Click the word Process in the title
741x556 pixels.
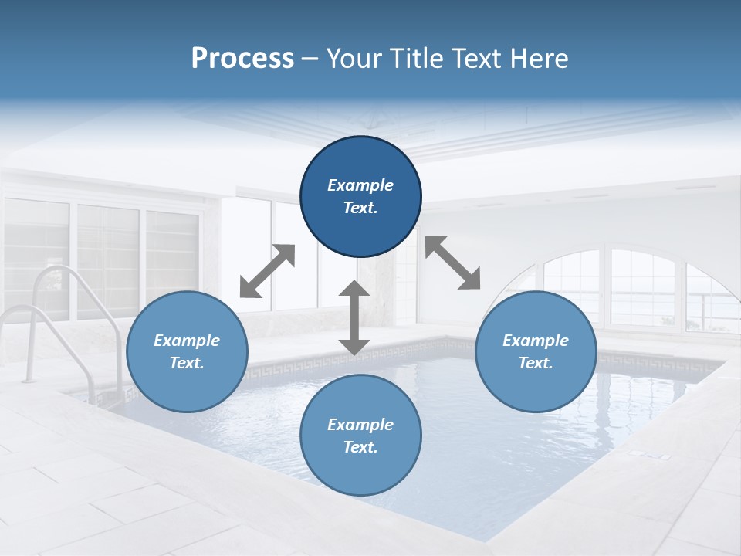pyautogui.click(x=242, y=59)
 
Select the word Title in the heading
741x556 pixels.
pyautogui.click(x=416, y=59)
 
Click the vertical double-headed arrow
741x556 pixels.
pyautogui.click(x=354, y=318)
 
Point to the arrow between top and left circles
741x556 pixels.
pyautogui.click(x=267, y=271)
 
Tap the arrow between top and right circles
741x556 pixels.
pyautogui.click(x=453, y=263)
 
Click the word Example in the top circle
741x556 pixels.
pyautogui.click(x=360, y=185)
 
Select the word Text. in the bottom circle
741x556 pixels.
pyautogui.click(x=360, y=447)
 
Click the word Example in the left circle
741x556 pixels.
pyautogui.click(x=187, y=341)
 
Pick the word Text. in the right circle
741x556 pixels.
pyautogui.click(x=536, y=363)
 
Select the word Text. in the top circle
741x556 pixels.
pyautogui.click(x=360, y=208)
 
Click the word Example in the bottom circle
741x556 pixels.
pyautogui.click(x=360, y=425)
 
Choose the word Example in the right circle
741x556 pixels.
pyautogui.click(x=536, y=341)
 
